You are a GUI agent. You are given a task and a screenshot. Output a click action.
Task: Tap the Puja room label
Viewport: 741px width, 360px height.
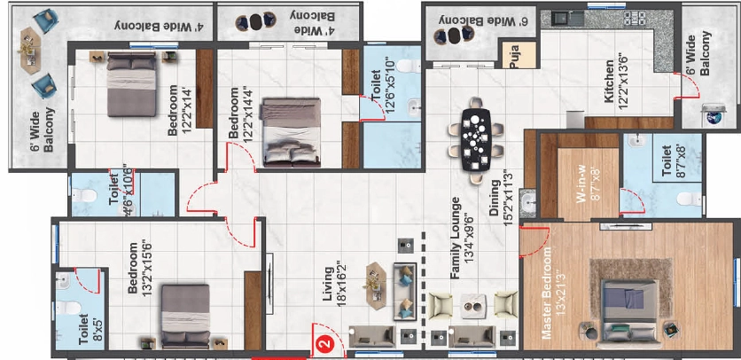[516, 55]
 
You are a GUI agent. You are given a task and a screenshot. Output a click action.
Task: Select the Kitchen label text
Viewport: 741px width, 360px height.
[608, 82]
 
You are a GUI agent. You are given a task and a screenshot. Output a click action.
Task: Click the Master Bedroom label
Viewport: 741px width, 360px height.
[547, 293]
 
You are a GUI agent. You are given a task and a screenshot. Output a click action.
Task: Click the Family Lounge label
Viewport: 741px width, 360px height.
[456, 238]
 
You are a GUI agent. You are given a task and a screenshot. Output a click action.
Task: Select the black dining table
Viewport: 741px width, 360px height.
[475, 140]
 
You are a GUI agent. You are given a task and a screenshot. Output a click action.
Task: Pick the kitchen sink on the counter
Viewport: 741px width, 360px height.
[562, 19]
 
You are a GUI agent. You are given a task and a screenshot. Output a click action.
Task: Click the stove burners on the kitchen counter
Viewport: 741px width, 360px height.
[633, 18]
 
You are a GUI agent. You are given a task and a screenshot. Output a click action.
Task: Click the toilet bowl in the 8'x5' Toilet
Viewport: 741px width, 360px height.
[69, 309]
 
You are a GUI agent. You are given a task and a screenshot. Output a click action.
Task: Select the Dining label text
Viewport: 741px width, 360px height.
[494, 199]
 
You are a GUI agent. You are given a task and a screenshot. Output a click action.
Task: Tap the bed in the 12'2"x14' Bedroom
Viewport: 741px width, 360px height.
[131, 84]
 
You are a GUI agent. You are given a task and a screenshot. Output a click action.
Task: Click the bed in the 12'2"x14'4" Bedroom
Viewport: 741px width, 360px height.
[291, 132]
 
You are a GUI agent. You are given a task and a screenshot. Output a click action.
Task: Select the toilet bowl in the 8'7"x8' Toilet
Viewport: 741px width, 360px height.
[689, 200]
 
